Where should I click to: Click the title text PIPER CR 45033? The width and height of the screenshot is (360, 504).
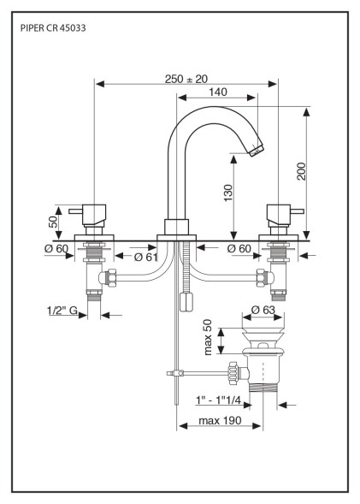coord(53,28)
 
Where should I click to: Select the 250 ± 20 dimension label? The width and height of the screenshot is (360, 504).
coord(186,79)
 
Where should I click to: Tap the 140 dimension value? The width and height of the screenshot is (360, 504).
coord(218,92)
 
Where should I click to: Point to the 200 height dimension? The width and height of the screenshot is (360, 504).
coord(301,171)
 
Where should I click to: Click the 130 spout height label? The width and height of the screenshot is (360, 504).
coord(227,193)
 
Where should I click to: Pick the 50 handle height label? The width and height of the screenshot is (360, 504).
coord(53,222)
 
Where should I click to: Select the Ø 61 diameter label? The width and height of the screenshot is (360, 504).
coord(146,258)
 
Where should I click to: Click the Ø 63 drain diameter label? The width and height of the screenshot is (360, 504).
coord(263,310)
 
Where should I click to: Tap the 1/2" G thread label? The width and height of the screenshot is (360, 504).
coord(62,310)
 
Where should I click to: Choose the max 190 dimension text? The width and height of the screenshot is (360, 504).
coord(220,420)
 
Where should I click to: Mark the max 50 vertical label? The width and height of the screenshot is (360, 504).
coord(208,337)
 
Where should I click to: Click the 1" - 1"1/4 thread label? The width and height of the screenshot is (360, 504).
coord(218,400)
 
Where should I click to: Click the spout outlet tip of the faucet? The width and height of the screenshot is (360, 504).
coord(257,151)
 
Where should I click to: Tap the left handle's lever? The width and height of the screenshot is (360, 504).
coord(76,211)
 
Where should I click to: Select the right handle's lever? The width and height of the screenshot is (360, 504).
coord(297,211)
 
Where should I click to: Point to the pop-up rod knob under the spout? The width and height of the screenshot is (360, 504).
coord(186,301)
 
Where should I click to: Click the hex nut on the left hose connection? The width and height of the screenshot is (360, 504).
coord(111,277)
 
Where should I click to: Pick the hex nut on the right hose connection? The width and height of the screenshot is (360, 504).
coord(261,278)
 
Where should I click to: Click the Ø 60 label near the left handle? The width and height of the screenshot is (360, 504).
coord(56,249)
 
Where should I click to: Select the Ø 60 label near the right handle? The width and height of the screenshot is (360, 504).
coord(239,248)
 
